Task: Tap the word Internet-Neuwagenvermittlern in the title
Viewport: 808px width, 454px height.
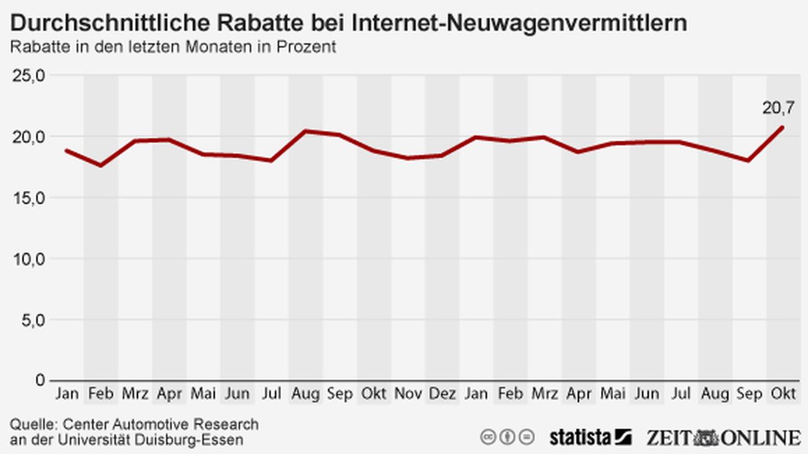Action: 520,24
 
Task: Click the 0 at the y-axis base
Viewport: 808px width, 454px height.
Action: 40,379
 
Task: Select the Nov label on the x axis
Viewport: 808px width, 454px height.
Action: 408,394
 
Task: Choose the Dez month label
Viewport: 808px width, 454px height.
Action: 443,394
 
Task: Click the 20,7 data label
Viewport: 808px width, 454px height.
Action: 778,109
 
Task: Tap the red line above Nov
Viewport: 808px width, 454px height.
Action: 408,158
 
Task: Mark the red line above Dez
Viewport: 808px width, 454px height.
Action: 443,155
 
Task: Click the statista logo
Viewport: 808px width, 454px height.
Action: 590,437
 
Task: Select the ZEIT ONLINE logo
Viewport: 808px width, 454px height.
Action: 723,437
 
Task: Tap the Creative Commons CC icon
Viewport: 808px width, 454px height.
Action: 488,437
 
